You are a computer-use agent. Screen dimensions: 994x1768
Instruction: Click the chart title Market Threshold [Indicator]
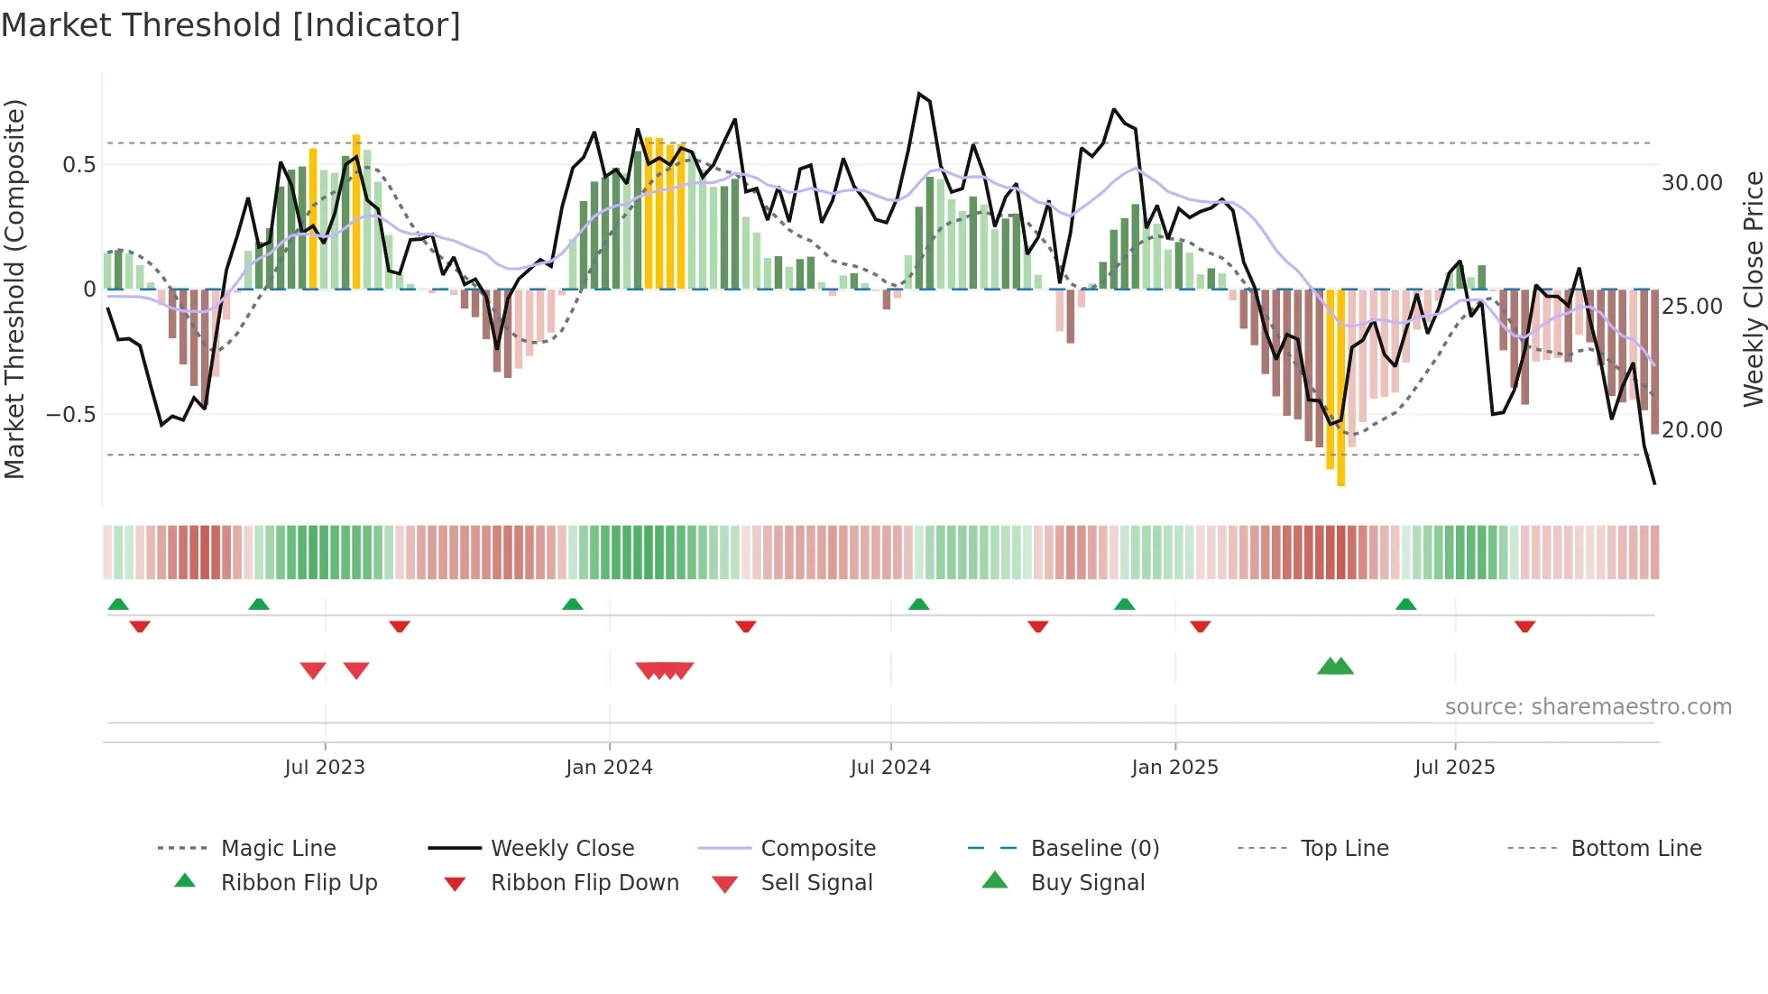point(231,25)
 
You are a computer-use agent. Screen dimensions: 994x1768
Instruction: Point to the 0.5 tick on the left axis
point(78,164)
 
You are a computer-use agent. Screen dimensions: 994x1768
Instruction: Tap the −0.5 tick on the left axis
point(71,414)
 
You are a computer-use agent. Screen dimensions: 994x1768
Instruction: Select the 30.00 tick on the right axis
point(1691,183)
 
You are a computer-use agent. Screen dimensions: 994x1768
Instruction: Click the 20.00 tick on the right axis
point(1691,430)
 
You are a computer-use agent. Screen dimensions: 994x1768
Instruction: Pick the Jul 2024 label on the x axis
point(889,768)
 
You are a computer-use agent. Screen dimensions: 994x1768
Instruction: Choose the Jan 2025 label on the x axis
point(1174,768)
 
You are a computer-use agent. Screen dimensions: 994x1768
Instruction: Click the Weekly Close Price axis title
point(1753,289)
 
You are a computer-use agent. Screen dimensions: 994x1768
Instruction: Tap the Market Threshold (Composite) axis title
point(14,289)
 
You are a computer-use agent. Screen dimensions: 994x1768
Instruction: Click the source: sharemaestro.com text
point(1588,707)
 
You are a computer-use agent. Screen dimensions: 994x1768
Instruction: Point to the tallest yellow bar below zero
point(1340,388)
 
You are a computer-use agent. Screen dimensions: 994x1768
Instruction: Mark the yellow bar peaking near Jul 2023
point(356,212)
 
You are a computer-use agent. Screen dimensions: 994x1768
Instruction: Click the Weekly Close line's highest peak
point(918,94)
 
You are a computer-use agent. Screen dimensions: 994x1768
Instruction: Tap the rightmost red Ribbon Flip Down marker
point(1524,626)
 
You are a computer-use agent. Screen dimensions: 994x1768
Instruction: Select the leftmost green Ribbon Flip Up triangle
point(118,604)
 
